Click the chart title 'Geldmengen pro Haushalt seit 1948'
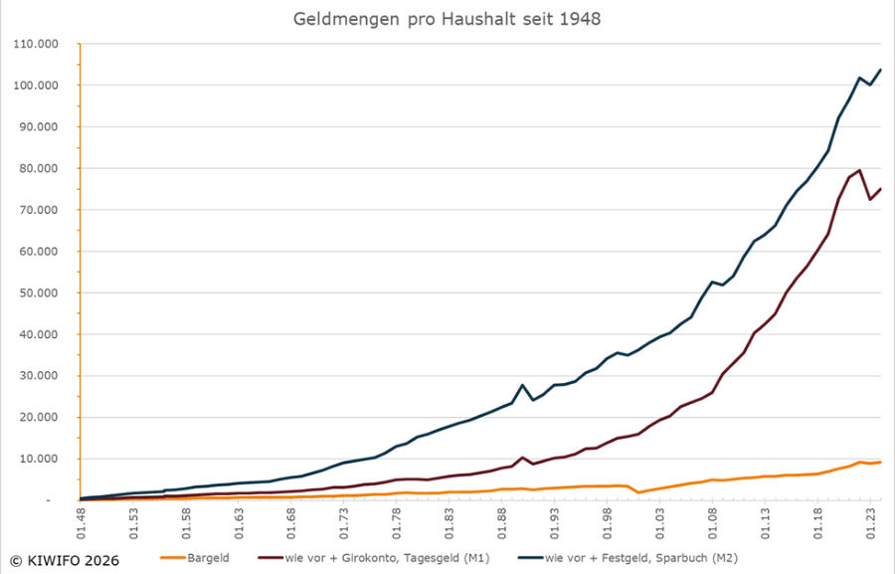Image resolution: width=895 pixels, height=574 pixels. [447, 19]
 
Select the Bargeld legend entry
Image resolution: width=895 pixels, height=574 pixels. [208, 558]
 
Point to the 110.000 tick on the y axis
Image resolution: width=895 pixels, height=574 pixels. [36, 45]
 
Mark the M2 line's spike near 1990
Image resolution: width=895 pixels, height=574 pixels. [522, 385]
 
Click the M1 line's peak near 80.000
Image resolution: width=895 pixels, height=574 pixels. [859, 170]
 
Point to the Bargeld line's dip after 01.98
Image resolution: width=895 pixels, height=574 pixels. [638, 492]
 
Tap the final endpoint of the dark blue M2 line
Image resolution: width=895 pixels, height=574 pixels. [880, 70]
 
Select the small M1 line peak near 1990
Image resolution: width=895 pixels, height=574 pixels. [522, 458]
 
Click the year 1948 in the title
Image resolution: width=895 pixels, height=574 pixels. [581, 19]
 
